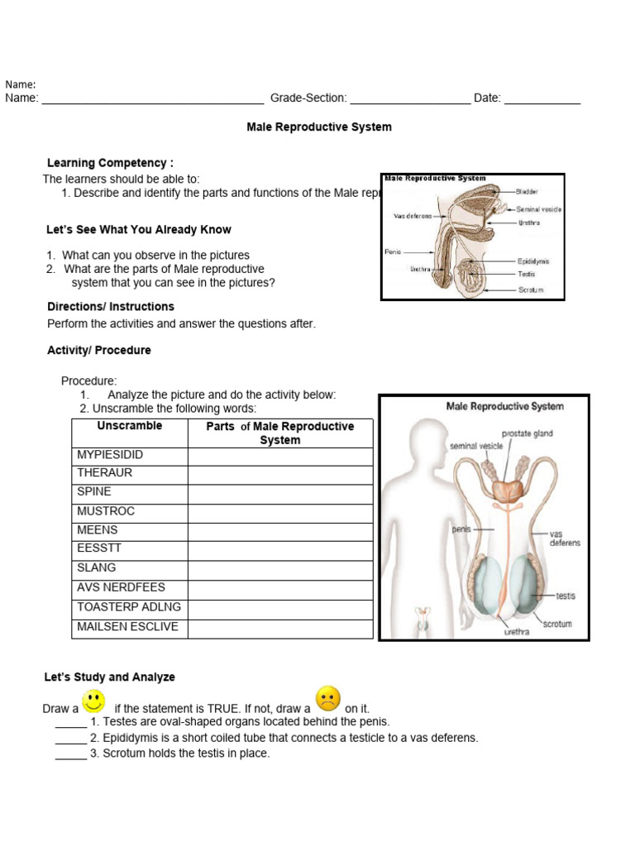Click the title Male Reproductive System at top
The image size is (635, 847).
pyautogui.click(x=319, y=127)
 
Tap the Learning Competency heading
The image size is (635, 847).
pyautogui.click(x=110, y=163)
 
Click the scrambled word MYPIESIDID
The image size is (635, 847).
pyautogui.click(x=110, y=455)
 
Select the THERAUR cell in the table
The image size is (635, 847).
pyautogui.click(x=104, y=473)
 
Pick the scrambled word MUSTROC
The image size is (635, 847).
pyautogui.click(x=106, y=511)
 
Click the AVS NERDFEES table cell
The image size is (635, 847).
pyautogui.click(x=121, y=587)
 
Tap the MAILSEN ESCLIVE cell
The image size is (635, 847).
pyautogui.click(x=127, y=626)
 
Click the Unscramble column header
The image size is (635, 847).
pyautogui.click(x=130, y=426)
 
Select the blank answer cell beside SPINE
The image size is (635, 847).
pyautogui.click(x=280, y=494)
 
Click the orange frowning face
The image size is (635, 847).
pyautogui.click(x=327, y=700)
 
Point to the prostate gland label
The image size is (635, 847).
pyautogui.click(x=527, y=433)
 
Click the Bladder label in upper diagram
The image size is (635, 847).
pyautogui.click(x=527, y=192)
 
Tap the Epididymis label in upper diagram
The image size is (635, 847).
pyautogui.click(x=533, y=261)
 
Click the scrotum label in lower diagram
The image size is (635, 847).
pyautogui.click(x=557, y=624)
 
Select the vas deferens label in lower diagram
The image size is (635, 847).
pyautogui.click(x=565, y=538)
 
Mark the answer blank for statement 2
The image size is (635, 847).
pyautogui.click(x=71, y=738)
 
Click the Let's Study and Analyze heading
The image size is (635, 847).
pyautogui.click(x=109, y=677)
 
